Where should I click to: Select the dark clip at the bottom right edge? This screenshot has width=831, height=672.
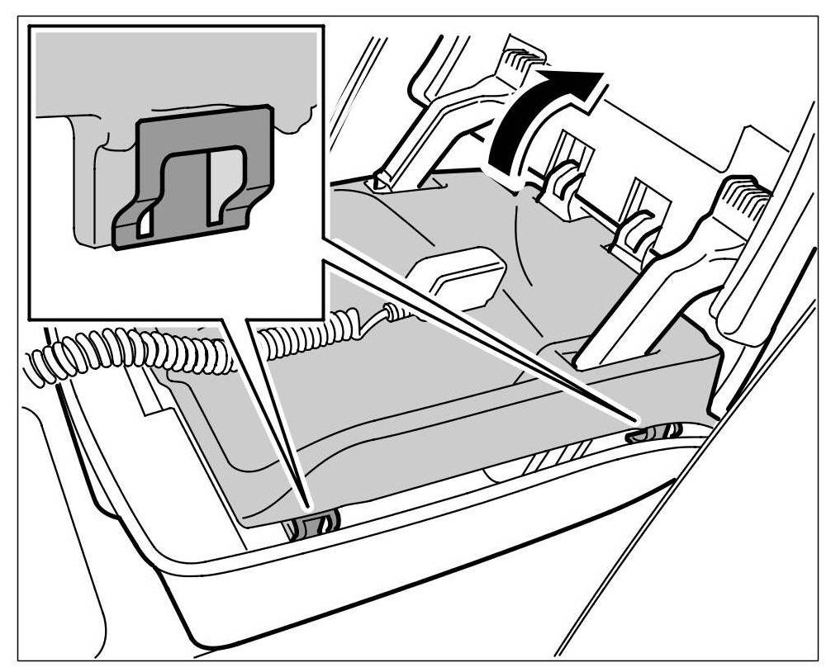click(x=653, y=432)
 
